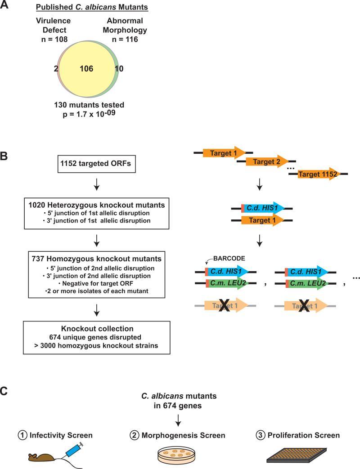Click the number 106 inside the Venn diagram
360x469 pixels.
[86, 69]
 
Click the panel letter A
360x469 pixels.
[5, 6]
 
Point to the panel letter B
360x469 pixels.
[5, 157]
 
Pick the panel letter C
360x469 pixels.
[5, 392]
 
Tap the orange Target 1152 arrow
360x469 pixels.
[318, 174]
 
